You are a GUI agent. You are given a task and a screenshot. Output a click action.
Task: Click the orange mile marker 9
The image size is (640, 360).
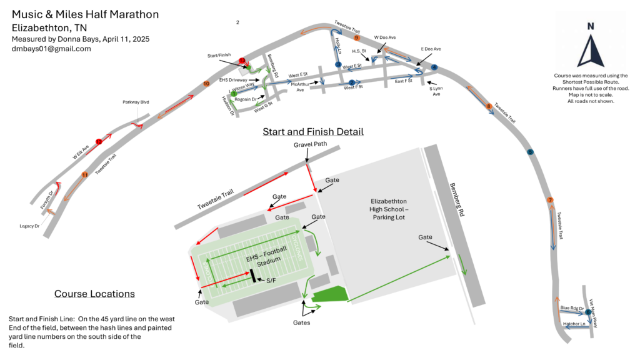tap(356, 38)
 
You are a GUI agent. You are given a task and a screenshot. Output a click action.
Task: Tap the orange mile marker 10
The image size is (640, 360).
tap(206, 84)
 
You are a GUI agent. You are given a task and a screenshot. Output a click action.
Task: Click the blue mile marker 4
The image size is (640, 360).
tap(434, 67)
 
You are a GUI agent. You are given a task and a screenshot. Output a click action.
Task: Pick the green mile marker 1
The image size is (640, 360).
tap(233, 94)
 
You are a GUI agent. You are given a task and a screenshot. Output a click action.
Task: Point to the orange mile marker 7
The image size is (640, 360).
tap(550, 200)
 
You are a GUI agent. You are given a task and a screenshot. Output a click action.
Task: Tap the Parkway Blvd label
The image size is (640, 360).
tap(136, 102)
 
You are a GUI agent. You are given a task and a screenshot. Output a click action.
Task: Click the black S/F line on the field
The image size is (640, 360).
tap(253, 276)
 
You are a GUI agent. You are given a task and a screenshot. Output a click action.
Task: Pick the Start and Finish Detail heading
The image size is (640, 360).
tap(312, 132)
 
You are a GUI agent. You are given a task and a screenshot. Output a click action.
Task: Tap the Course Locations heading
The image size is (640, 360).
tap(94, 294)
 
